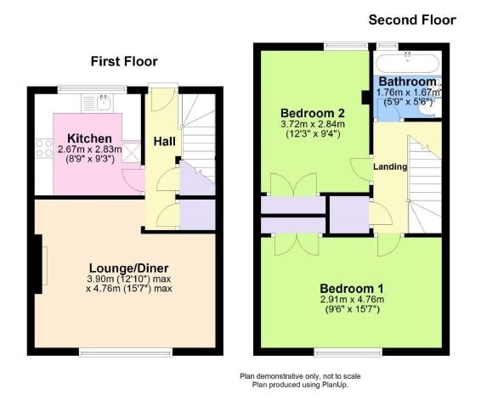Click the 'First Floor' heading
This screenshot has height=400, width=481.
coord(124,61)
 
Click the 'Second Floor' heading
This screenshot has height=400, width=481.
coord(412,20)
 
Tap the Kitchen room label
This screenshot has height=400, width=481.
coord(88,138)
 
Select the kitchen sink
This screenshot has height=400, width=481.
coord(102,103)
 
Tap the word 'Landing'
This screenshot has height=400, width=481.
coord(390,166)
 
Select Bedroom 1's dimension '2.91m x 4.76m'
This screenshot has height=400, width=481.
coord(353,299)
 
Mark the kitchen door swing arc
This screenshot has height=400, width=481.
coord(131,179)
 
